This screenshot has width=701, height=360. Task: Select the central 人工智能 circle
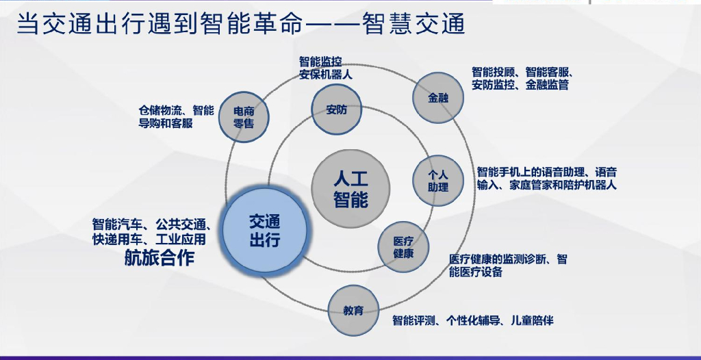click(350, 189)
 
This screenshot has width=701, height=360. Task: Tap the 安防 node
click(337, 110)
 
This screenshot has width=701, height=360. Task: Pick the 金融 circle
click(438, 98)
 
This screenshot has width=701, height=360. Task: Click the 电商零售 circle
click(244, 117)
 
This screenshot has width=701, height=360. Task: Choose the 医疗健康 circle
click(403, 247)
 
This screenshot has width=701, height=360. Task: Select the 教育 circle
click(353, 311)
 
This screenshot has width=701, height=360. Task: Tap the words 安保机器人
click(326, 75)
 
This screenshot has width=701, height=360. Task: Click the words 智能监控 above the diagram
click(320, 62)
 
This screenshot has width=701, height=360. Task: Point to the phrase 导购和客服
click(166, 124)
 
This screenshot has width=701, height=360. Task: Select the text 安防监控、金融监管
click(520, 86)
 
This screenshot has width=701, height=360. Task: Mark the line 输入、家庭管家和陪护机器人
click(546, 185)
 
